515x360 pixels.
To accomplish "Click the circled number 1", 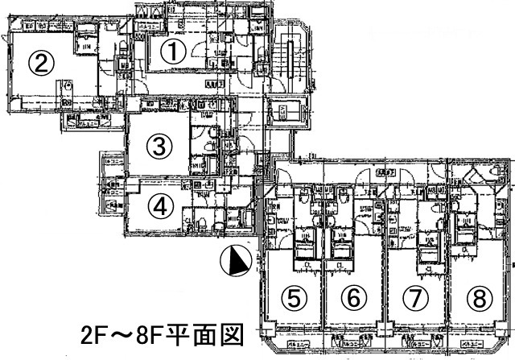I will coord(174,52).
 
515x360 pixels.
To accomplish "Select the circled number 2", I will coord(43,61).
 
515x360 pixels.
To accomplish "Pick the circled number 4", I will coord(161,205).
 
